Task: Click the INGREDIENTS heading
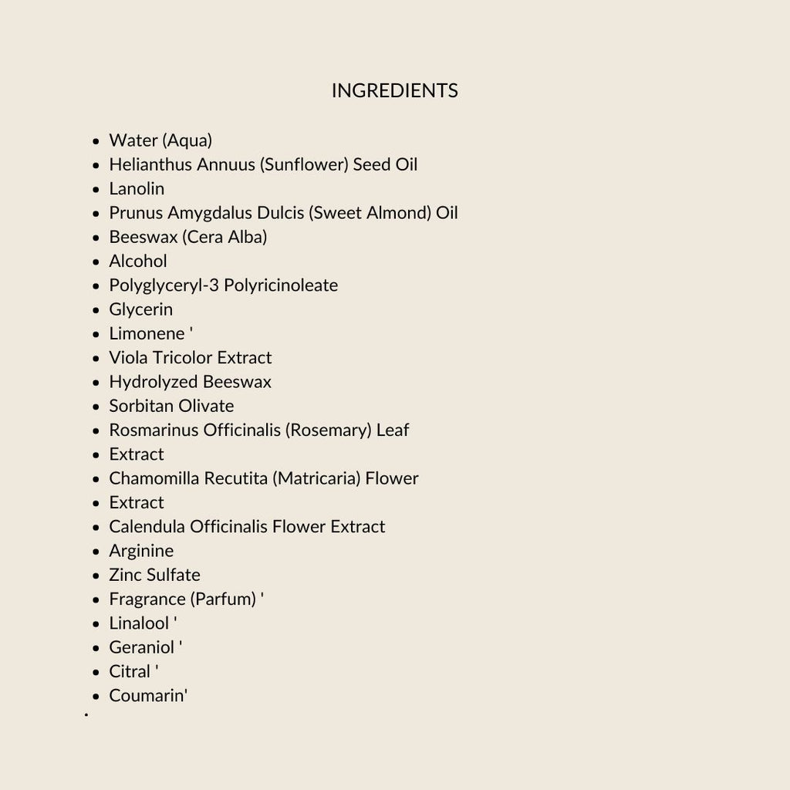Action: point(394,91)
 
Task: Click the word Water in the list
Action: point(133,140)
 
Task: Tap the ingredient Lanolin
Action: point(137,189)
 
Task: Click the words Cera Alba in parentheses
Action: point(225,237)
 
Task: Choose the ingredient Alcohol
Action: point(138,262)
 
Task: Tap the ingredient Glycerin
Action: point(141,309)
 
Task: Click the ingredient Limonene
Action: point(147,334)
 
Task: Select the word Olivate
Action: point(204,406)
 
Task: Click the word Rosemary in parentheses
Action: point(328,430)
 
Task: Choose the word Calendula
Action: point(147,527)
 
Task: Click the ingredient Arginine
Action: point(141,551)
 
